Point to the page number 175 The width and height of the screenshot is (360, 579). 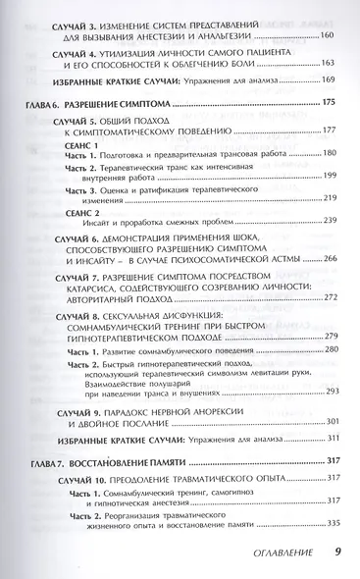click(327, 104)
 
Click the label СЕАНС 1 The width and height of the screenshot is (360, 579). click(71, 143)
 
